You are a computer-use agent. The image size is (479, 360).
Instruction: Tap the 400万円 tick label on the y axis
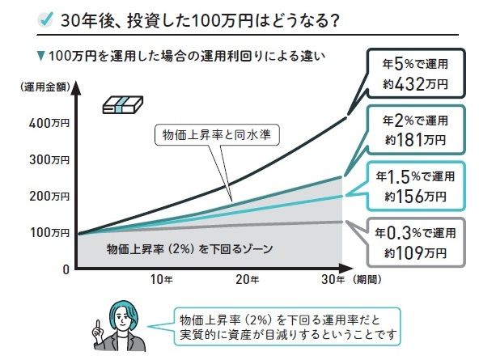click(x=49, y=123)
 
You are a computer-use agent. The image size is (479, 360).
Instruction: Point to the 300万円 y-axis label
click(x=49, y=159)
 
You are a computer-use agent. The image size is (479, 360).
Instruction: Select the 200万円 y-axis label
click(x=49, y=196)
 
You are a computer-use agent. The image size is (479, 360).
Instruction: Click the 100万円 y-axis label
click(x=49, y=233)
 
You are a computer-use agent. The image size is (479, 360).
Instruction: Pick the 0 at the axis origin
click(x=66, y=269)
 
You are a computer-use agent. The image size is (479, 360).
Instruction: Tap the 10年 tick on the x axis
click(x=162, y=279)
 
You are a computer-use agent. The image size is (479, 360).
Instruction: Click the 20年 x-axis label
click(x=248, y=279)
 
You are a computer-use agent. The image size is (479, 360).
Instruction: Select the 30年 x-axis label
click(x=333, y=279)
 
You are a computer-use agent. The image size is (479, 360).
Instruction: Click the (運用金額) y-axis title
click(x=45, y=87)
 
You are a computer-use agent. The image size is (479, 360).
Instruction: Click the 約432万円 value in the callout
click(x=415, y=84)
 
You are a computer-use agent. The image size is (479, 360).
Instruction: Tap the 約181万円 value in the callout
click(x=415, y=140)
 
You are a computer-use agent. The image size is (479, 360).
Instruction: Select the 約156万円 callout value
click(x=415, y=197)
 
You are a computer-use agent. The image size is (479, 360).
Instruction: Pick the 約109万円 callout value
click(x=415, y=253)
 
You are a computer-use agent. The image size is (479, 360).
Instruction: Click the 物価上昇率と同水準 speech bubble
click(x=217, y=134)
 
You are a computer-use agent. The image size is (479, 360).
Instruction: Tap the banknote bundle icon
click(x=122, y=104)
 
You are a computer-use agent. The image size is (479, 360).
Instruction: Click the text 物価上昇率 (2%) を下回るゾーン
click(x=189, y=249)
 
